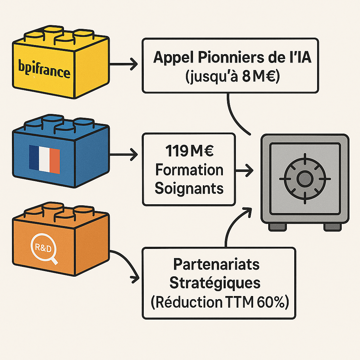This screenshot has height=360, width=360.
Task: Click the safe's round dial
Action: pos(304,179)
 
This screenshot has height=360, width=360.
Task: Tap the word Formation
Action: pos(189,170)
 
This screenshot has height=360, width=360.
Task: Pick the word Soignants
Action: pos(189,188)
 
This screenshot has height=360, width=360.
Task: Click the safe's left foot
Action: pos(277,227)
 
